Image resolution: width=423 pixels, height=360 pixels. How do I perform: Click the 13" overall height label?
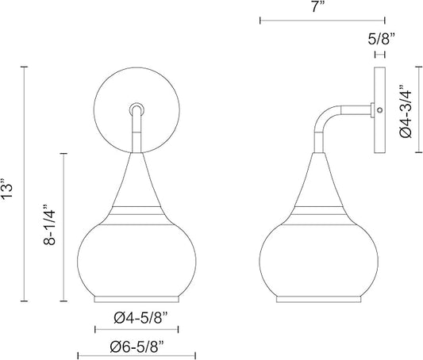pos(7,188)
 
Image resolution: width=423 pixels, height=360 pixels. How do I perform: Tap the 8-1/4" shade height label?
pos(49,224)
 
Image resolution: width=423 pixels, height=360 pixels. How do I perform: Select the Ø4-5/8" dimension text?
pos(140,318)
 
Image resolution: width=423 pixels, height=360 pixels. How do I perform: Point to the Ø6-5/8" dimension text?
pos(137,347)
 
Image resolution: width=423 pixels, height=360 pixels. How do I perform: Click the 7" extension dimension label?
pos(315,6)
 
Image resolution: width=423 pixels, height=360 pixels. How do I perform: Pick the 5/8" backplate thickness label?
pos(381,40)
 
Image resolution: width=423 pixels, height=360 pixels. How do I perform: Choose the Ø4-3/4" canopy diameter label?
pos(406,111)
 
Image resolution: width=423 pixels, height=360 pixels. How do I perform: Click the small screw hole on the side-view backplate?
pos(380,110)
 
